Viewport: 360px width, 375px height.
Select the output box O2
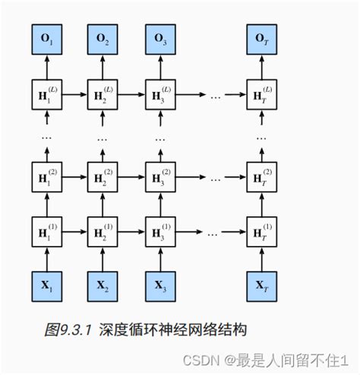[x=102, y=37]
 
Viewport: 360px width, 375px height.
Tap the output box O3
[x=160, y=37]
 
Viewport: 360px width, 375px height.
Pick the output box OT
[x=262, y=37]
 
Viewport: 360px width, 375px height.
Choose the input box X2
[x=102, y=286]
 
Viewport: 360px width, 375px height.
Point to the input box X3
[x=160, y=286]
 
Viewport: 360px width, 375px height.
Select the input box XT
[x=262, y=286]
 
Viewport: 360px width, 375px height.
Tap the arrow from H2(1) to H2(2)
[x=102, y=205]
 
